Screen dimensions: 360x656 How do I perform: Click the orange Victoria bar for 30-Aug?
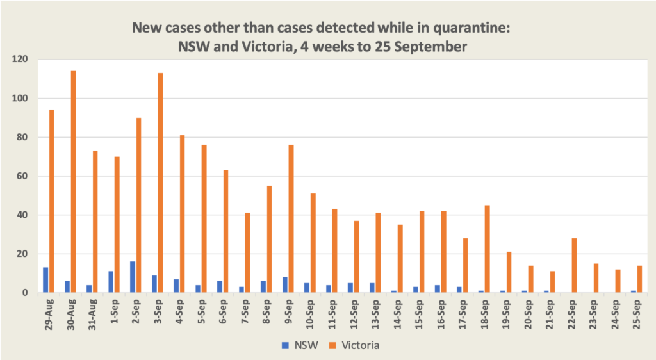[73, 182]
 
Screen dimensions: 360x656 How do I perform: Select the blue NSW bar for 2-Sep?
[133, 277]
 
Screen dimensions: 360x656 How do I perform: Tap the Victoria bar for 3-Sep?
[160, 183]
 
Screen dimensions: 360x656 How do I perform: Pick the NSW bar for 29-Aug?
[45, 280]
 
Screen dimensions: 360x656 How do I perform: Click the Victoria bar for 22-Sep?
[574, 265]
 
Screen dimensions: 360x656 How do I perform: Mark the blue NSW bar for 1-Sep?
[111, 282]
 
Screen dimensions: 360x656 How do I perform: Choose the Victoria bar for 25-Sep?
[639, 279]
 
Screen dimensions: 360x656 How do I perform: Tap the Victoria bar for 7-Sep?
[247, 252]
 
